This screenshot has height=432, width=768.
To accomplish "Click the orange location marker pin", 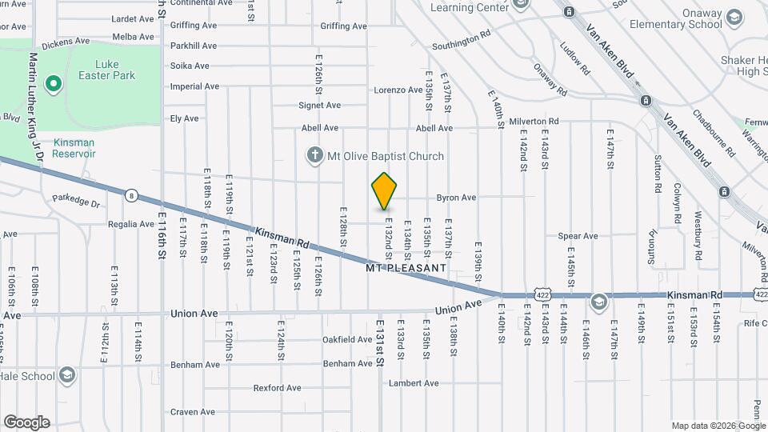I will (385, 191).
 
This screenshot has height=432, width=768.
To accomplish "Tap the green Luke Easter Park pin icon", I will (54, 82).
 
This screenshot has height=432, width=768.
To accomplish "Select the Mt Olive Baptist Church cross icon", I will (316, 155).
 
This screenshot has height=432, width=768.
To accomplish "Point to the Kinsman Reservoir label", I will (74, 147).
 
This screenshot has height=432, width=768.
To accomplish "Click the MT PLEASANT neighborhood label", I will (406, 269).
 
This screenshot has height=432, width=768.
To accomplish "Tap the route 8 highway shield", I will (130, 194).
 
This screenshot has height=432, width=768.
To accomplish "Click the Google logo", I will (26, 422).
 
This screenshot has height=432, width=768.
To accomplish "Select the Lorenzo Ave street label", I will (398, 90).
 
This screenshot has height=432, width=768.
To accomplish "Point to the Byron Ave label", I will (456, 198).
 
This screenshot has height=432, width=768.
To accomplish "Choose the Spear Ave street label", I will (578, 236).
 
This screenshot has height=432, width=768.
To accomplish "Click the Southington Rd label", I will (460, 39).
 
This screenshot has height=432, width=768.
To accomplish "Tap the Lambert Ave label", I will (414, 383).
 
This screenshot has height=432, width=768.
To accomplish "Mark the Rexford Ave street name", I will (277, 388).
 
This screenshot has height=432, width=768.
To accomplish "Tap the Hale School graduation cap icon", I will (68, 375).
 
